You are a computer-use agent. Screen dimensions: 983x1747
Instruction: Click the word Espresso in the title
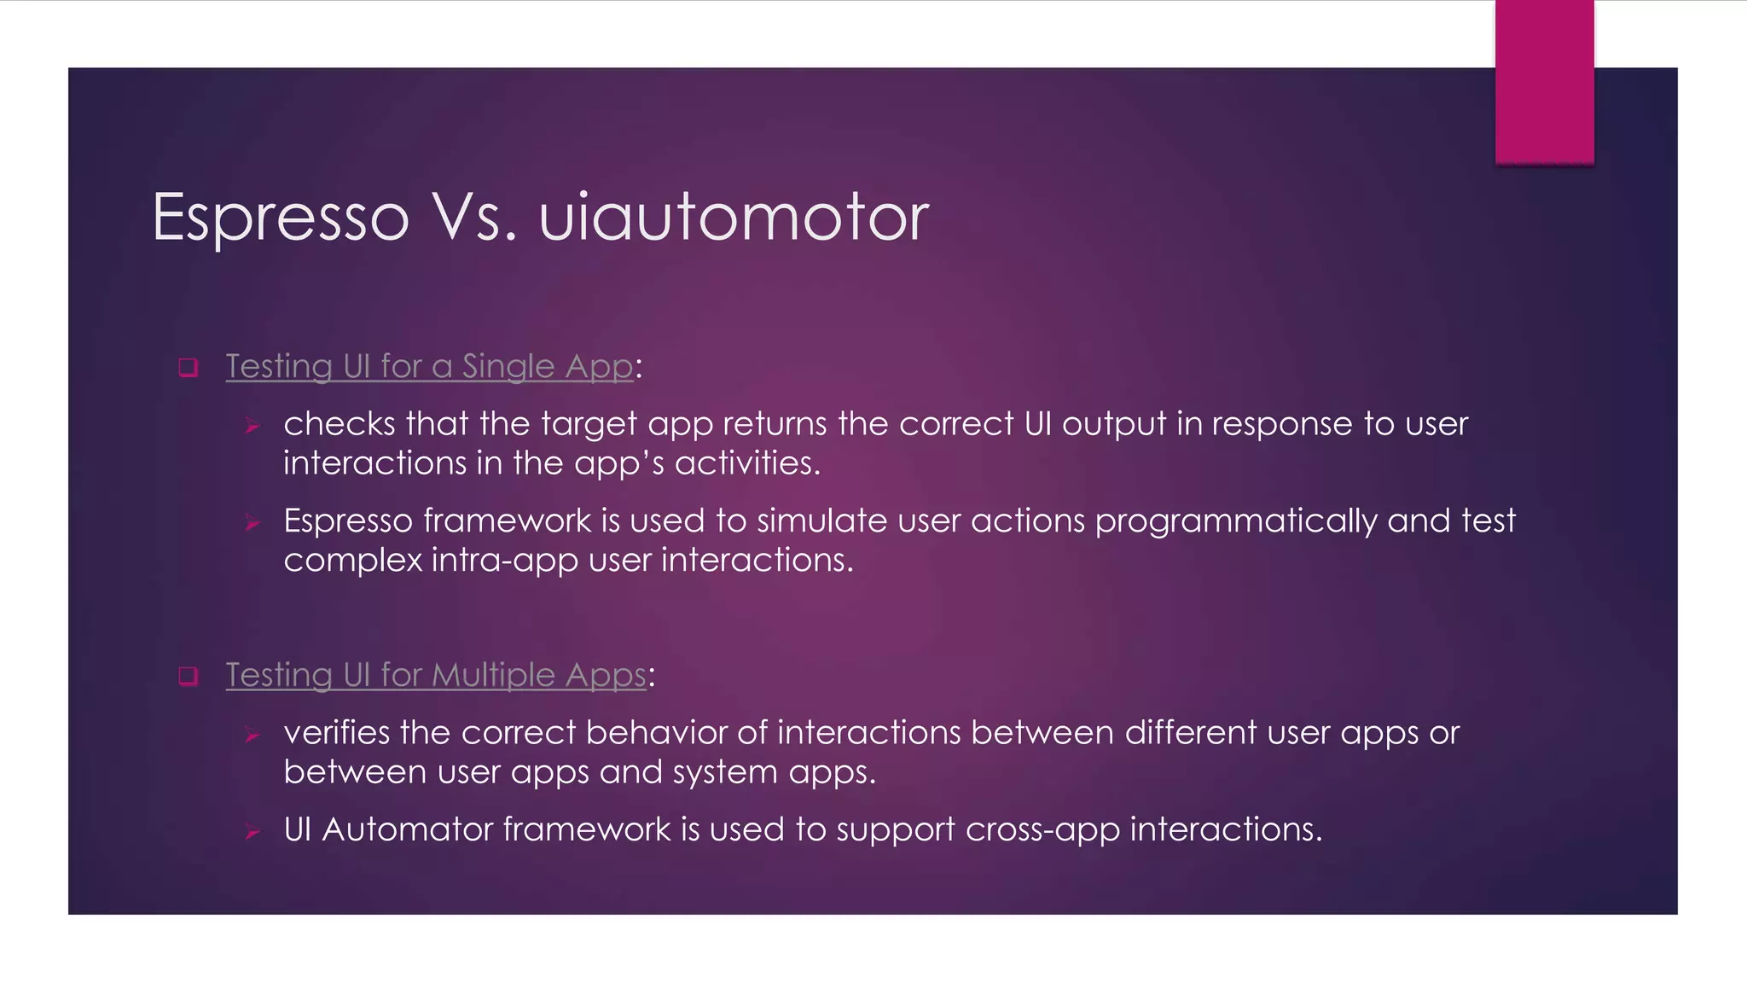pos(281,218)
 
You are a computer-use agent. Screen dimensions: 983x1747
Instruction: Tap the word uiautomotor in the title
pos(734,218)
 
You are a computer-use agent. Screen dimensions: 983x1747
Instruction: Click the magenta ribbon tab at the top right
pos(1544,82)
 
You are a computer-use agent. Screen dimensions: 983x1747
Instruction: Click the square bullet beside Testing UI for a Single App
pos(189,368)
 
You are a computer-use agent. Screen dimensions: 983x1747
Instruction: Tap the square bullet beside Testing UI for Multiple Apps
pos(189,677)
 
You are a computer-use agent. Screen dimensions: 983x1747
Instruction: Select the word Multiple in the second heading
pos(494,675)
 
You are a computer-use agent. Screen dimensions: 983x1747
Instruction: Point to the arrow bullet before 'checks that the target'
pos(252,425)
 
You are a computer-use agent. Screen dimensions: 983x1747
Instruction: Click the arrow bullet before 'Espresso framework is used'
pos(252,522)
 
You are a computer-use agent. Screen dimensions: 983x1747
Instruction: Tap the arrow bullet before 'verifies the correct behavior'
pos(252,734)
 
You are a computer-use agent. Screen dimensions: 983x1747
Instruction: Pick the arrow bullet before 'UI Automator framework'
pos(252,831)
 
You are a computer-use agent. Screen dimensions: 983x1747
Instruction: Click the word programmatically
pos(1235,521)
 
